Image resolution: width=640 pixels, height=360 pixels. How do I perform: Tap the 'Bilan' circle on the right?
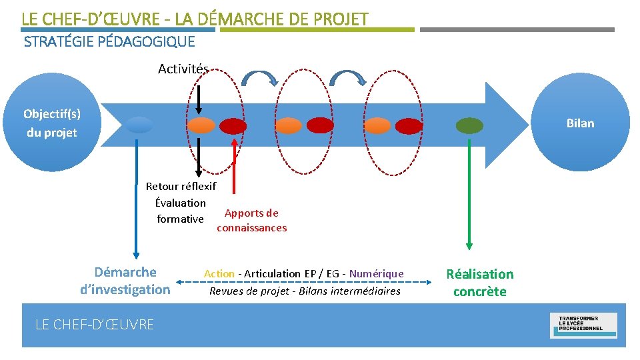(x=580, y=123)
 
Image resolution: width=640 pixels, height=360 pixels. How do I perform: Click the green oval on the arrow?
(x=469, y=125)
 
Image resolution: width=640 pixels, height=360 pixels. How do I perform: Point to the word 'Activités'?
(x=183, y=69)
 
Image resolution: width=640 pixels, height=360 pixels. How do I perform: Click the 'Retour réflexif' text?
(x=181, y=187)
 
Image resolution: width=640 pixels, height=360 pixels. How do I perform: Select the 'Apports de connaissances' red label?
(x=251, y=221)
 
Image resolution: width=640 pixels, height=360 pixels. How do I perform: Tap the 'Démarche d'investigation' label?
(x=125, y=281)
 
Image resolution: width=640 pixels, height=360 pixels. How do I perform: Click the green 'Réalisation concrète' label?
(x=479, y=283)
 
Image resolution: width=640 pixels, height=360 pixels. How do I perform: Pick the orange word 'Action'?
(x=219, y=273)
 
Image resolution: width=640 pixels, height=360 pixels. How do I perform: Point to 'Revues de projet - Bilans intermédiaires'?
(x=305, y=291)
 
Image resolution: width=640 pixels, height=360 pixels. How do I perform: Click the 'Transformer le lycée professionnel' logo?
(x=583, y=325)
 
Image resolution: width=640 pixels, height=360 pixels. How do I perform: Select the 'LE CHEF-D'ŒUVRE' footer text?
(x=94, y=325)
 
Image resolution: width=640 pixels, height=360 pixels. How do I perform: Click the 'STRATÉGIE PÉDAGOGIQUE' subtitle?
(x=109, y=42)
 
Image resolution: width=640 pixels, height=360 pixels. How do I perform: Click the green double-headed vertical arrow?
(x=469, y=193)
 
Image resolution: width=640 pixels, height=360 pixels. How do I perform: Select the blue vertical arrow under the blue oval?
(x=137, y=200)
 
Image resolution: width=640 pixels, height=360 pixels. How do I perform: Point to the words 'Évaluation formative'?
(x=180, y=211)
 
